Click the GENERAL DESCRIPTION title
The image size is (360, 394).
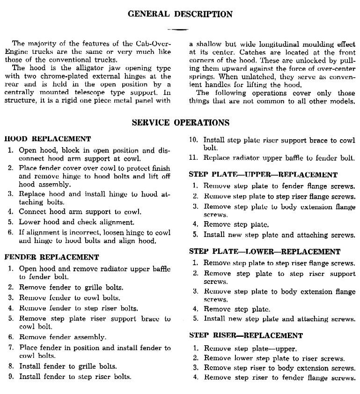coord(180,14)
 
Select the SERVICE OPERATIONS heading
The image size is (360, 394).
coord(180,123)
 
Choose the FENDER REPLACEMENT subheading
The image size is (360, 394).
coord(51,257)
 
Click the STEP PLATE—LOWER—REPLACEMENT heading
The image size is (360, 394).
coord(264,252)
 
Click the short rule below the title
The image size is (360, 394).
coord(180,30)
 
